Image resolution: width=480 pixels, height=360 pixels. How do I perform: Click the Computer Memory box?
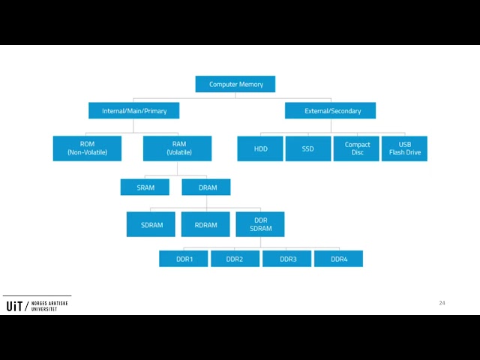pos(235,84)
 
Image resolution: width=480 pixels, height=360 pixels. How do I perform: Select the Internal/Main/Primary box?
pos(133,110)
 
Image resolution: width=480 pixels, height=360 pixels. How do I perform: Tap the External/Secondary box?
pos(330,110)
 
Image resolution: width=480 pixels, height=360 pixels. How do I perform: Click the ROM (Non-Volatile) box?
pos(87,148)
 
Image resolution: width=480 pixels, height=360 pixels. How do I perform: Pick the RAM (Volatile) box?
pos(177,148)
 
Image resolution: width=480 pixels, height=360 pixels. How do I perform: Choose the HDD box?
pos(260,148)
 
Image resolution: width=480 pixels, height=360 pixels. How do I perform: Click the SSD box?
pos(308,148)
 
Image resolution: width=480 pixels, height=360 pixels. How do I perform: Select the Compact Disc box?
pos(356,148)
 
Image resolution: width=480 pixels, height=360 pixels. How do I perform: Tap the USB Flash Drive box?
pos(404,148)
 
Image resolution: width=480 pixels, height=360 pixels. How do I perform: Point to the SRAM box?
pos(145,187)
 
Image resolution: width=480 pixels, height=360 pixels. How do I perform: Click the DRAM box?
pos(206,187)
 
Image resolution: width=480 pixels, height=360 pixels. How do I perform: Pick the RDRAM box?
pos(205,224)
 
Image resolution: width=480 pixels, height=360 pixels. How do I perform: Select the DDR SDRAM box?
pos(260,224)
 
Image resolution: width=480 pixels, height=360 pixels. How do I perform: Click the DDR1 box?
pos(183,259)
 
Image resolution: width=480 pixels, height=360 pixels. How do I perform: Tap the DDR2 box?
pos(235,259)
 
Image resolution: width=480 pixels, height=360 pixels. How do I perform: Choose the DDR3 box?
pos(286,259)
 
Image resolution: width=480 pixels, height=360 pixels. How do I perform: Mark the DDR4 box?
pos(338,259)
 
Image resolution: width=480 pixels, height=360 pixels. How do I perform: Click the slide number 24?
pos(442,303)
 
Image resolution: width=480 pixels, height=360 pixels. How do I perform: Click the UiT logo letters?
pos(14,306)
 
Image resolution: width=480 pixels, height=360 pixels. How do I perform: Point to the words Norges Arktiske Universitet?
pos(49,306)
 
